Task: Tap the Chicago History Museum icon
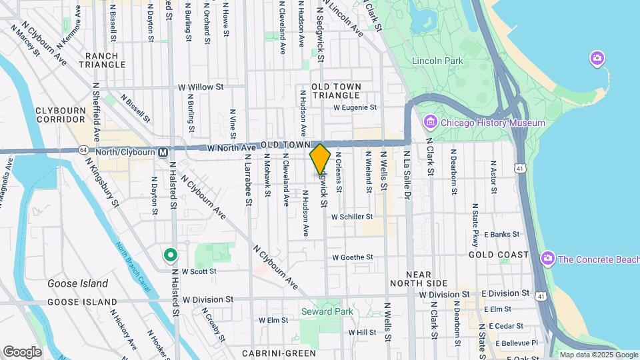tap(431, 123)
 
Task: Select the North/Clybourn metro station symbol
tap(163, 152)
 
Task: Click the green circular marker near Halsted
tap(171, 255)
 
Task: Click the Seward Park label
tap(326, 311)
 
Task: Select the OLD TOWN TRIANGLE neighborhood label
tap(336, 91)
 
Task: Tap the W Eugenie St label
tap(355, 107)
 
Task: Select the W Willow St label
tap(201, 87)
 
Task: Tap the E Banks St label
tap(501, 235)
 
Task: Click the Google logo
tap(22, 351)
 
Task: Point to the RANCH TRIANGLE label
tap(102, 60)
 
